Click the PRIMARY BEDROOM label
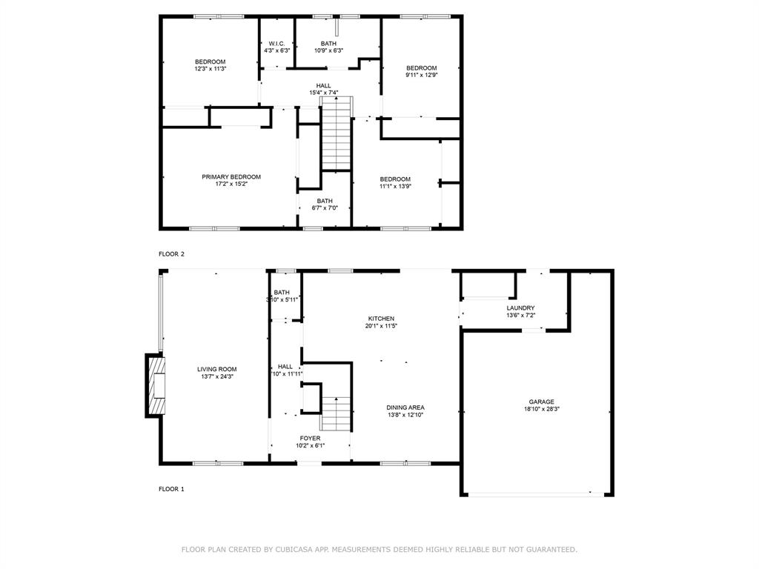click(231, 177)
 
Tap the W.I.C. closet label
click(278, 44)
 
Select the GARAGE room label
click(541, 402)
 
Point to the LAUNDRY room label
click(520, 308)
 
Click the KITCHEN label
click(382, 319)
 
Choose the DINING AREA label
click(405, 407)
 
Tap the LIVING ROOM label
click(216, 369)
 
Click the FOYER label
click(310, 439)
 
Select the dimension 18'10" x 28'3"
click(541, 409)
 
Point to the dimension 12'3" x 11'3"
click(210, 69)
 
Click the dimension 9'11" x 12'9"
click(421, 75)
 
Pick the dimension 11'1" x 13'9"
click(395, 186)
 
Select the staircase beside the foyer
click(336, 413)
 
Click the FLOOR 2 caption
click(171, 254)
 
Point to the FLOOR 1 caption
click(171, 489)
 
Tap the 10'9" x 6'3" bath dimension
click(328, 50)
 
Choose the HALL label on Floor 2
click(323, 86)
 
